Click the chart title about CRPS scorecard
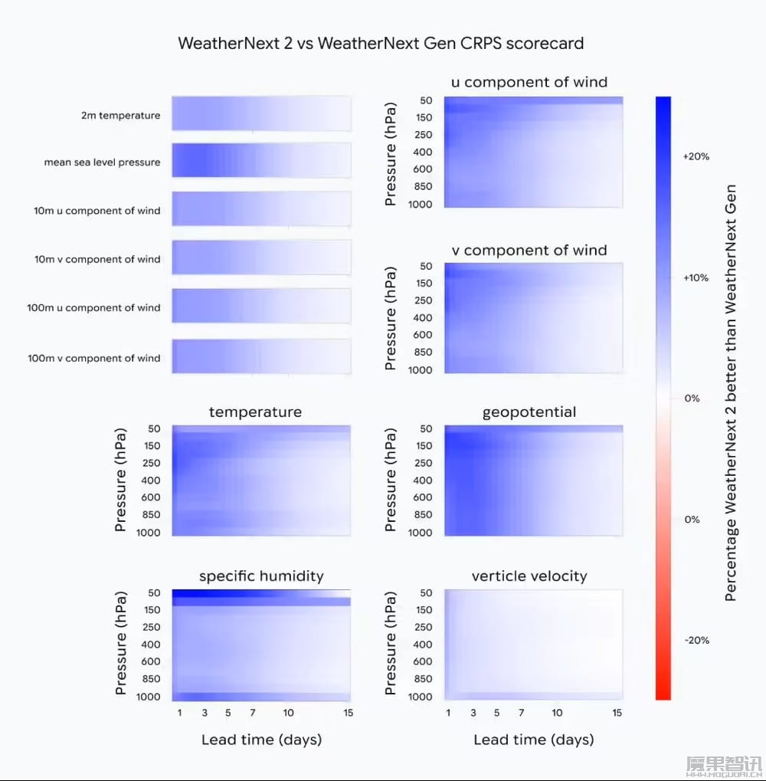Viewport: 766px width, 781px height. pyautogui.click(x=381, y=43)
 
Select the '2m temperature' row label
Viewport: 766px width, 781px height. pyautogui.click(x=121, y=116)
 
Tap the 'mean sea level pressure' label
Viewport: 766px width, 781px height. pyautogui.click(x=103, y=162)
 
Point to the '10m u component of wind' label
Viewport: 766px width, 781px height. pyautogui.click(x=97, y=211)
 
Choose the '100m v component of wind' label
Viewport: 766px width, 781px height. pyautogui.click(x=94, y=358)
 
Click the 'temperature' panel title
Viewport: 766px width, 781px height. pyautogui.click(x=255, y=412)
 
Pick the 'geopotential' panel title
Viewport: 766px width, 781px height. pyautogui.click(x=529, y=412)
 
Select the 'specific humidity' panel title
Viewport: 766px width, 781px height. pyautogui.click(x=261, y=576)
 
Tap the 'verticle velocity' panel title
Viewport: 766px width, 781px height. pyautogui.click(x=529, y=576)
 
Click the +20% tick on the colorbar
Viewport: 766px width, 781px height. pyautogui.click(x=696, y=156)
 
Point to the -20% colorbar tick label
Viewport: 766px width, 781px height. pyautogui.click(x=696, y=641)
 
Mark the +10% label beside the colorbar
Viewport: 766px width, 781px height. pyautogui.click(x=696, y=277)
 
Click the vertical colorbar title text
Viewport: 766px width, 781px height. pyautogui.click(x=731, y=392)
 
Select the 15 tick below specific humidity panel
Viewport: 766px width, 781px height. pyautogui.click(x=349, y=713)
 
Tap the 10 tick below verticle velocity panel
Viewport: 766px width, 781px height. pyautogui.click(x=557, y=713)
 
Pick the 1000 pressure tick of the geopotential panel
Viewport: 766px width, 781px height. pyautogui.click(x=420, y=532)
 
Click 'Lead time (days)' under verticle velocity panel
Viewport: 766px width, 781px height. pyautogui.click(x=534, y=740)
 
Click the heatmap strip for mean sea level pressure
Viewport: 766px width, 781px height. pyautogui.click(x=261, y=161)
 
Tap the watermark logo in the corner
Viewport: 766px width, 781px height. pyautogui.click(x=722, y=764)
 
